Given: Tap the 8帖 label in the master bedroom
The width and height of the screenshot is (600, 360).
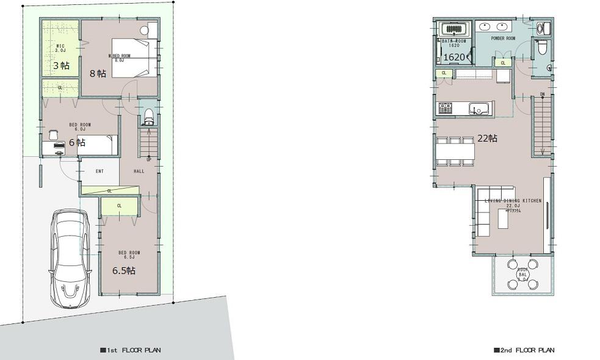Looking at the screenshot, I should coord(98,73).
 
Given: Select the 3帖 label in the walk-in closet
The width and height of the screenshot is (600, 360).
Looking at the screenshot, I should coord(60,65).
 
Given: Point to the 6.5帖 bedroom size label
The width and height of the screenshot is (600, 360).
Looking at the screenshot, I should coord(124,270).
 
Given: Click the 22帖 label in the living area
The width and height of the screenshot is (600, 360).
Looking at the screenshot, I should coord(487,139).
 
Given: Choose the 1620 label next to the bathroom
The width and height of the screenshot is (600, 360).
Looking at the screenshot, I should coord(454,57).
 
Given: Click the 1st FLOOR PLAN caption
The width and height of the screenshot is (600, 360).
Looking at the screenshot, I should coord(131,351).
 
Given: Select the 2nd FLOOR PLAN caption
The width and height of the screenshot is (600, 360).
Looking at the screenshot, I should coord(524,351).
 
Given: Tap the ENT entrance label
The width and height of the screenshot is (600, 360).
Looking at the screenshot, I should coord(99,171).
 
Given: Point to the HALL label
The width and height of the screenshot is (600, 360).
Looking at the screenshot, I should coord(139,171).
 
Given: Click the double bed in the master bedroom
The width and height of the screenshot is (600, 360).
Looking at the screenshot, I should coord(131,58).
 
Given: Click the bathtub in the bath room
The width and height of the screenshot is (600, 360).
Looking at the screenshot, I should coord(453,29).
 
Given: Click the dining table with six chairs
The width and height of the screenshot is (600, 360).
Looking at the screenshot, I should coord(455,151).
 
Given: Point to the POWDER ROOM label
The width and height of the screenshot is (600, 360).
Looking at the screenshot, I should coord(503,38).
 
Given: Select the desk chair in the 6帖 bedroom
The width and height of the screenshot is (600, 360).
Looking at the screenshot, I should coord(53,134).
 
